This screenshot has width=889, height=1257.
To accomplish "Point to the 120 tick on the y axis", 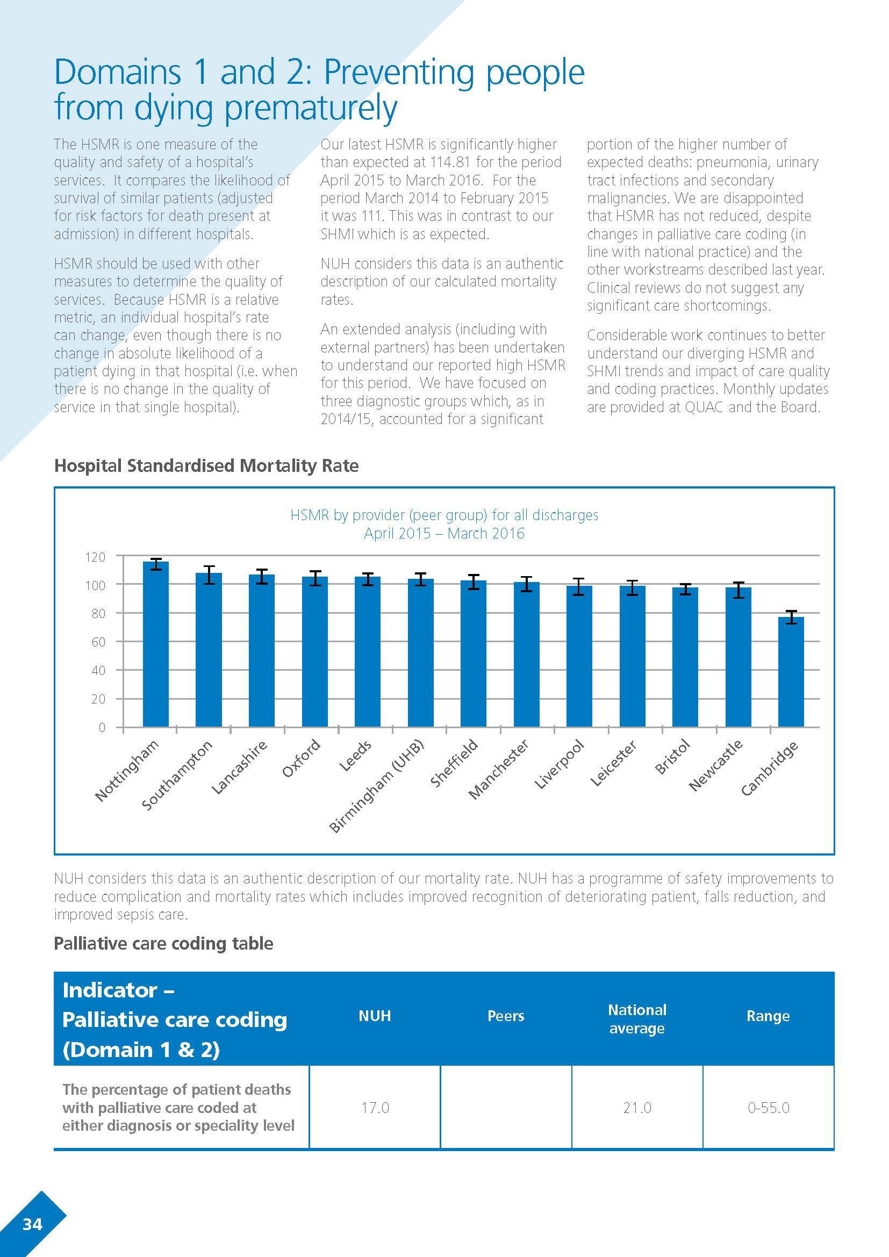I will click(x=95, y=557).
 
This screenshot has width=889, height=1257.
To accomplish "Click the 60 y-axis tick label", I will click(x=98, y=642).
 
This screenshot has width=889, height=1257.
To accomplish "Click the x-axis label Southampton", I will click(x=177, y=775).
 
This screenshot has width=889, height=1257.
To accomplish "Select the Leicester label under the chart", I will click(x=613, y=764).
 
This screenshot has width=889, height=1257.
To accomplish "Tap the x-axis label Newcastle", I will click(x=715, y=765).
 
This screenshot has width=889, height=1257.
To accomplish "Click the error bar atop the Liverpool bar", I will click(x=579, y=586).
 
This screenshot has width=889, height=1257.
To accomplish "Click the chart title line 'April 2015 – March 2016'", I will click(x=444, y=533).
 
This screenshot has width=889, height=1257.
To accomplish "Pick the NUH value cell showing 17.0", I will click(x=375, y=1108).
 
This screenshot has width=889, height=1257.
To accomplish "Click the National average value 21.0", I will click(x=637, y=1108).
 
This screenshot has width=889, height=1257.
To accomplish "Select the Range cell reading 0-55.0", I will click(x=769, y=1108).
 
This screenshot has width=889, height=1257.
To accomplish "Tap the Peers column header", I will click(x=506, y=1016).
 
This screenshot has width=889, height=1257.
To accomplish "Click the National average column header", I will click(x=637, y=1018).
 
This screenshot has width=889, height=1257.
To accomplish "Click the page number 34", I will click(x=32, y=1224).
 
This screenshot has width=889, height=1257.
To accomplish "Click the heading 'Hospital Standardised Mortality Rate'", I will click(x=206, y=465).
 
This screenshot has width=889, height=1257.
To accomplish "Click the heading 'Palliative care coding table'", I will click(x=163, y=943).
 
